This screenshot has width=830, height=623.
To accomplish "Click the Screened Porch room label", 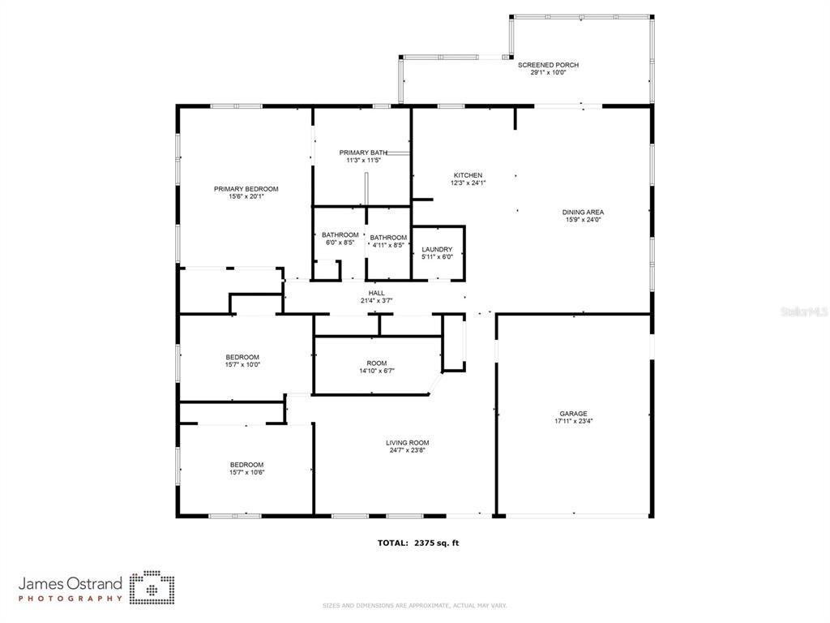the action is tap(548, 65).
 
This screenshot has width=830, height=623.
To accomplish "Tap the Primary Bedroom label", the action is tap(246, 189).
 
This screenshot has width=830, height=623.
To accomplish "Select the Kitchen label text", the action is tap(468, 175).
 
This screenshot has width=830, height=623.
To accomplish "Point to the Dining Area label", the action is tap(583, 213).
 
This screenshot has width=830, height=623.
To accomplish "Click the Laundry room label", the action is tap(437, 250).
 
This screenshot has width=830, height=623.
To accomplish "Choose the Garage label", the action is tap(573, 414).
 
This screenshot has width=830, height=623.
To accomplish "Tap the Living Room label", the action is tap(408, 443).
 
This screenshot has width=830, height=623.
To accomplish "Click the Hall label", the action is tap(376, 293).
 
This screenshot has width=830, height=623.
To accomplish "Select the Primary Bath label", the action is tap(363, 153).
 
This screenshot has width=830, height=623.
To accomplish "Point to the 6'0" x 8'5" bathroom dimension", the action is tap(340, 243).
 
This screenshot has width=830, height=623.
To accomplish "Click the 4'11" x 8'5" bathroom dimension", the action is tap(388, 245).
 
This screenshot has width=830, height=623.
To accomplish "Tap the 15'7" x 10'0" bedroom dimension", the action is tap(242, 364).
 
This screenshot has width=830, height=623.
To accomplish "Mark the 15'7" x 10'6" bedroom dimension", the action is tap(246, 472).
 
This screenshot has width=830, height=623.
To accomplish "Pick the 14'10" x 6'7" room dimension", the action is tap(377, 371).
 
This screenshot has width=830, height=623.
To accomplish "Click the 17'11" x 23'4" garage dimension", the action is tap(573, 421).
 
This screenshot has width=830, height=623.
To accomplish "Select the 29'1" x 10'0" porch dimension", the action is tap(548, 72).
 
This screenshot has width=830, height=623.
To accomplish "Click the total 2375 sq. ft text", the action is tap(418, 543).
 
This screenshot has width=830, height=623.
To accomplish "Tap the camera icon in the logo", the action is tap(152, 587).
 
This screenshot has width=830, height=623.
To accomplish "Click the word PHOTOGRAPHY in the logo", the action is tap(71, 599).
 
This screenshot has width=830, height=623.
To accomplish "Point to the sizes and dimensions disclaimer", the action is tap(414, 605).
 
